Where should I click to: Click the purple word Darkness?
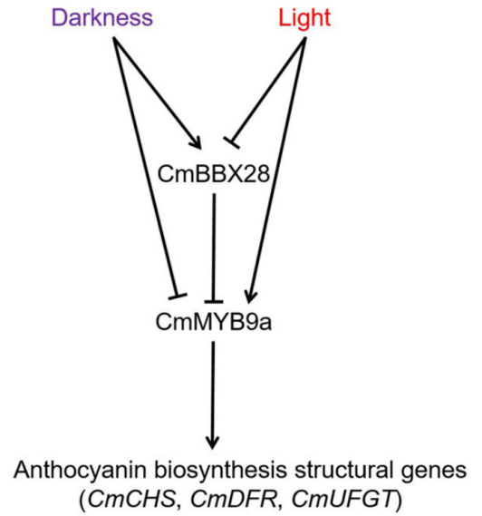pos(102,18)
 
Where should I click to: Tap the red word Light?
pos(304,18)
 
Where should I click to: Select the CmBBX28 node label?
pos(214,174)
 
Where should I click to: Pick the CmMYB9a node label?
pos(214,322)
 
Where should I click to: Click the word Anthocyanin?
pos(81,470)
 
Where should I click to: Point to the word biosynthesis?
pos(221,470)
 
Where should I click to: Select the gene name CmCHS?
pos(132,499)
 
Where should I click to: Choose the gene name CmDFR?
pos(234,499)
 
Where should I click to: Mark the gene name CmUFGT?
pos(342,499)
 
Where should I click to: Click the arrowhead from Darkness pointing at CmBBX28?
pos(197,142)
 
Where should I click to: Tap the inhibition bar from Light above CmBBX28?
pos(232,142)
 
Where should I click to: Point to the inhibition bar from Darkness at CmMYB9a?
pos(178,297)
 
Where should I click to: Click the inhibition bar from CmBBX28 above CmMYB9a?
pos(214,301)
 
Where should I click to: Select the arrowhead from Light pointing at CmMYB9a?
pos(251,297)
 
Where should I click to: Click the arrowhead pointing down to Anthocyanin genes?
pos(213,443)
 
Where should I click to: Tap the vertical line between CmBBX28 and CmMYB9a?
pos(214,247)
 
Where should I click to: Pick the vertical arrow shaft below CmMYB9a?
pos(213,394)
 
